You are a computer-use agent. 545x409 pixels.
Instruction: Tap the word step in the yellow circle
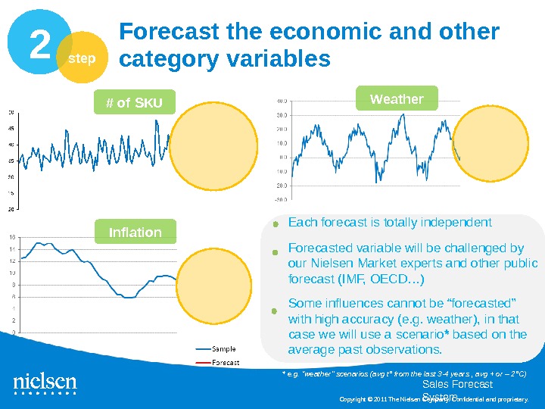83,58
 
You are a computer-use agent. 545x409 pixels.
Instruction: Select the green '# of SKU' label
134,103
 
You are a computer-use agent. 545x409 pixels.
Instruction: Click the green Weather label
396,99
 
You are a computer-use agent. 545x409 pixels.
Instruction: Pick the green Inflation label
135,232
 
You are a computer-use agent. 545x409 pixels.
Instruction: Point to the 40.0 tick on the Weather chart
281,100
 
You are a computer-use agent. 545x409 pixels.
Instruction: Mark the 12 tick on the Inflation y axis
11,261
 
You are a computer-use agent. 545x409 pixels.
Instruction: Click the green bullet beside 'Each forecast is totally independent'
277,223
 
